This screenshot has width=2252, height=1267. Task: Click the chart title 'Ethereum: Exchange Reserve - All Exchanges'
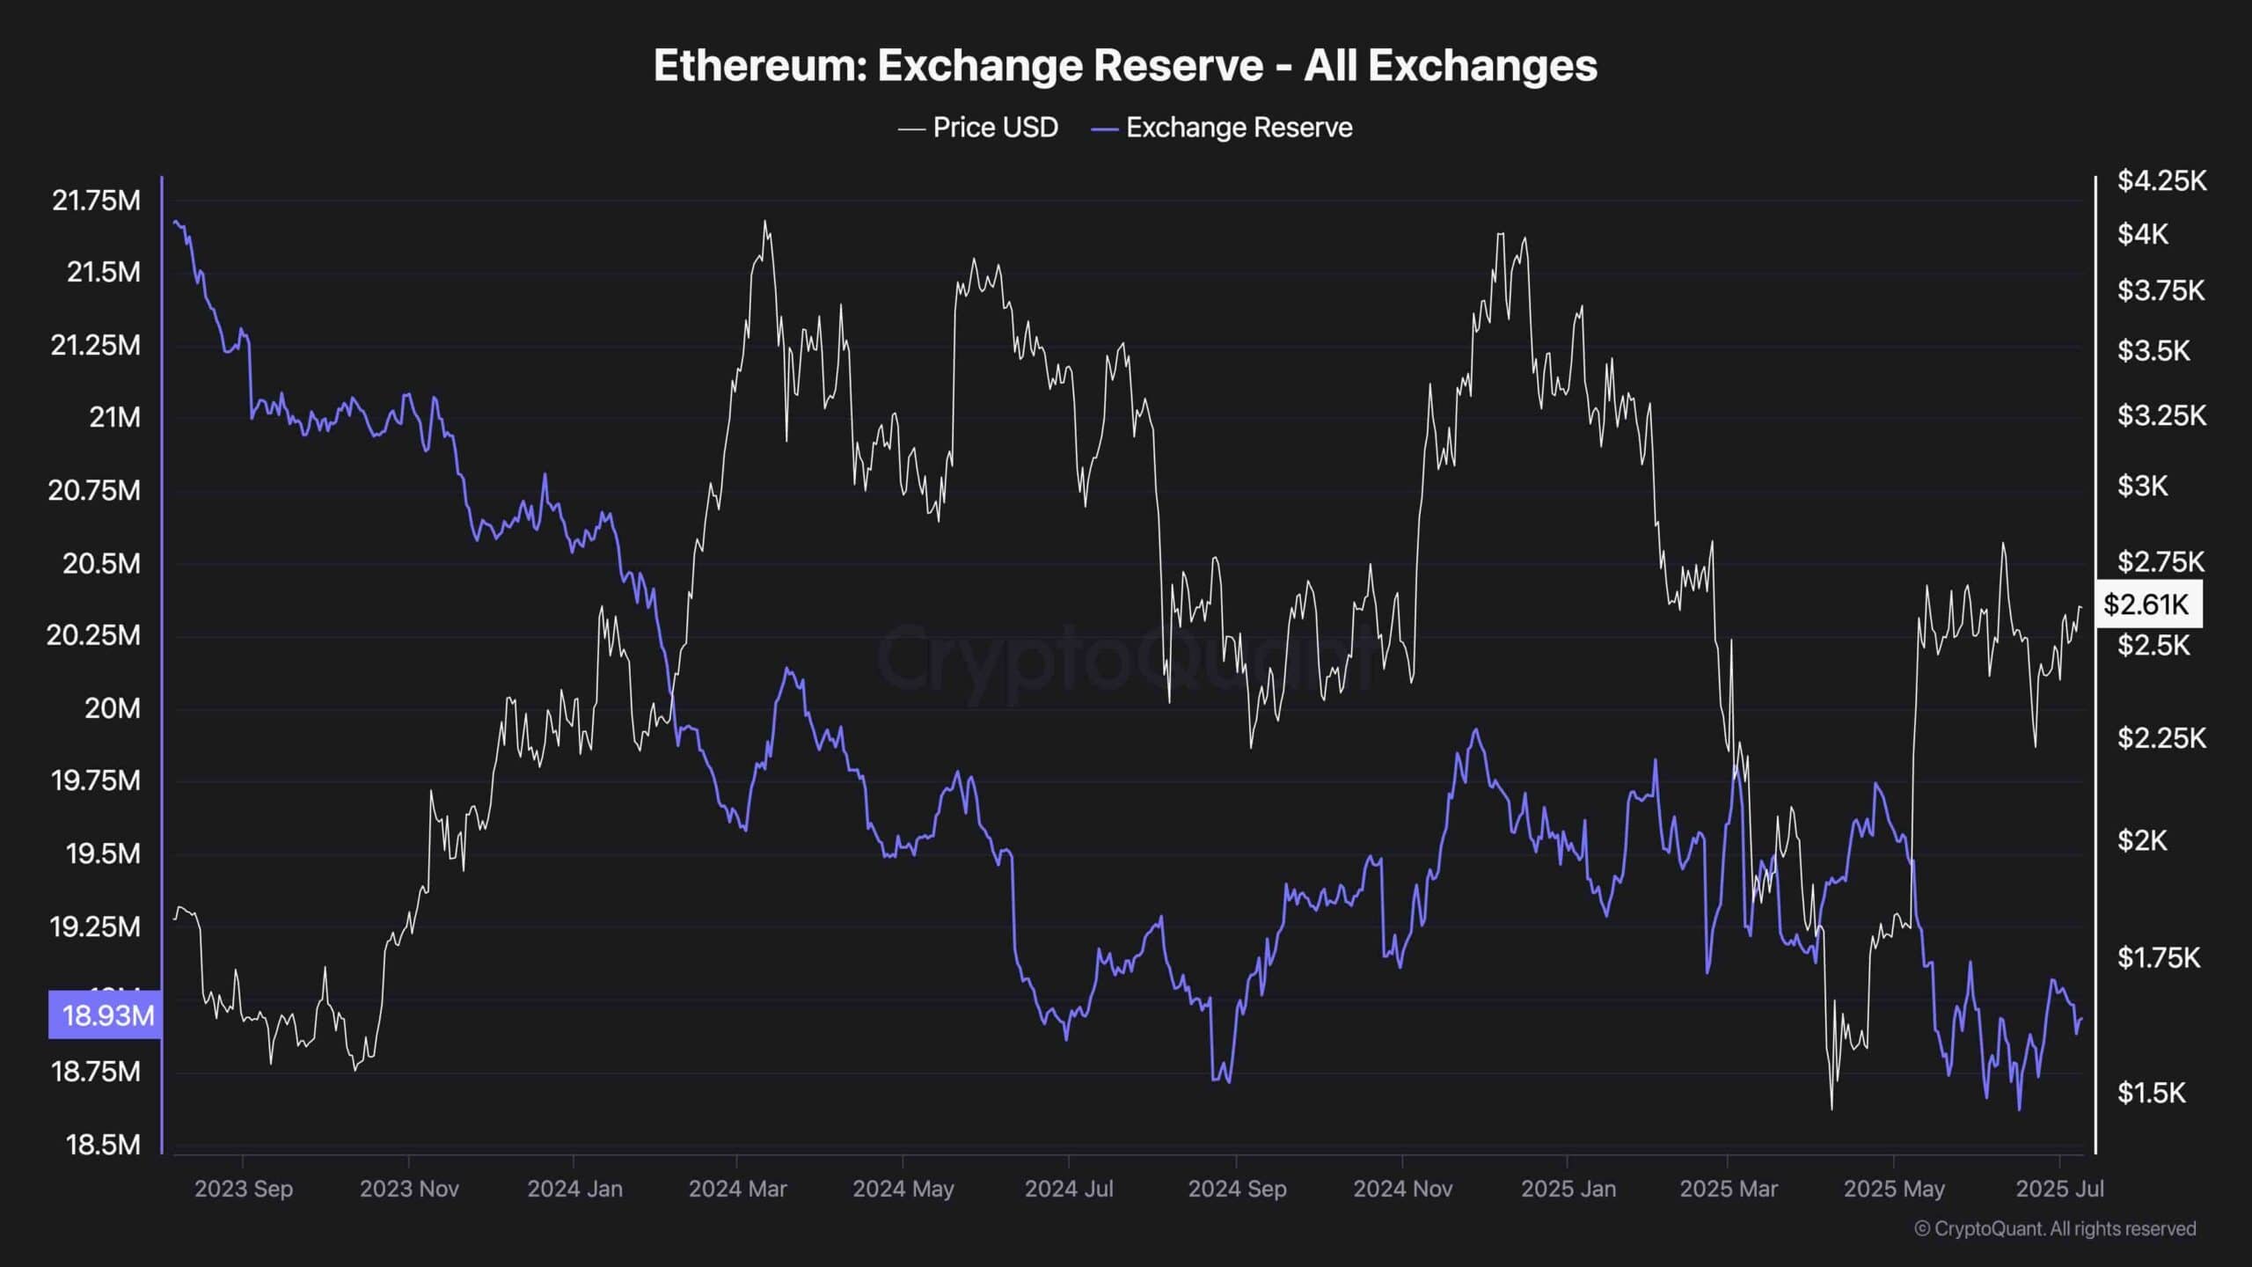point(1125,66)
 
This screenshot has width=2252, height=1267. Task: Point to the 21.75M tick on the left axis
point(97,201)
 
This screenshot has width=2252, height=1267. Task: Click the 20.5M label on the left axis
point(101,563)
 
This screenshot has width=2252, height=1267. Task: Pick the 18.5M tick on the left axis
point(103,1145)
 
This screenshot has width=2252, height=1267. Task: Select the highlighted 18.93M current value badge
point(106,1015)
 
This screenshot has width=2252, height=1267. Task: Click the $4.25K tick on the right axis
point(2161,181)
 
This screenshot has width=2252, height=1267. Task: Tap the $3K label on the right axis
point(2142,486)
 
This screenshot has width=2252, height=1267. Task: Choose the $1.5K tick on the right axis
point(2151,1093)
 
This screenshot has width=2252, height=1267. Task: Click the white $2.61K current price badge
point(2146,604)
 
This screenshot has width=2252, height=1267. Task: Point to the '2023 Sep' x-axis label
point(244,1189)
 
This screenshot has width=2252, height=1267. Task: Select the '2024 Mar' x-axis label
point(737,1189)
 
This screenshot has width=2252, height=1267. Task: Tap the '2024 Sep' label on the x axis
point(1237,1189)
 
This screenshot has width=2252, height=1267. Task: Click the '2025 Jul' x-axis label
point(2059,1189)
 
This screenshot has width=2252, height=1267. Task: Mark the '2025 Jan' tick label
point(1568,1189)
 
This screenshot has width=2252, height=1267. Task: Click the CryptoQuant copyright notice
point(2055,1228)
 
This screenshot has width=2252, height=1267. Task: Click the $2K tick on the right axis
point(2142,840)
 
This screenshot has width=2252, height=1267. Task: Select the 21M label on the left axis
point(114,417)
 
